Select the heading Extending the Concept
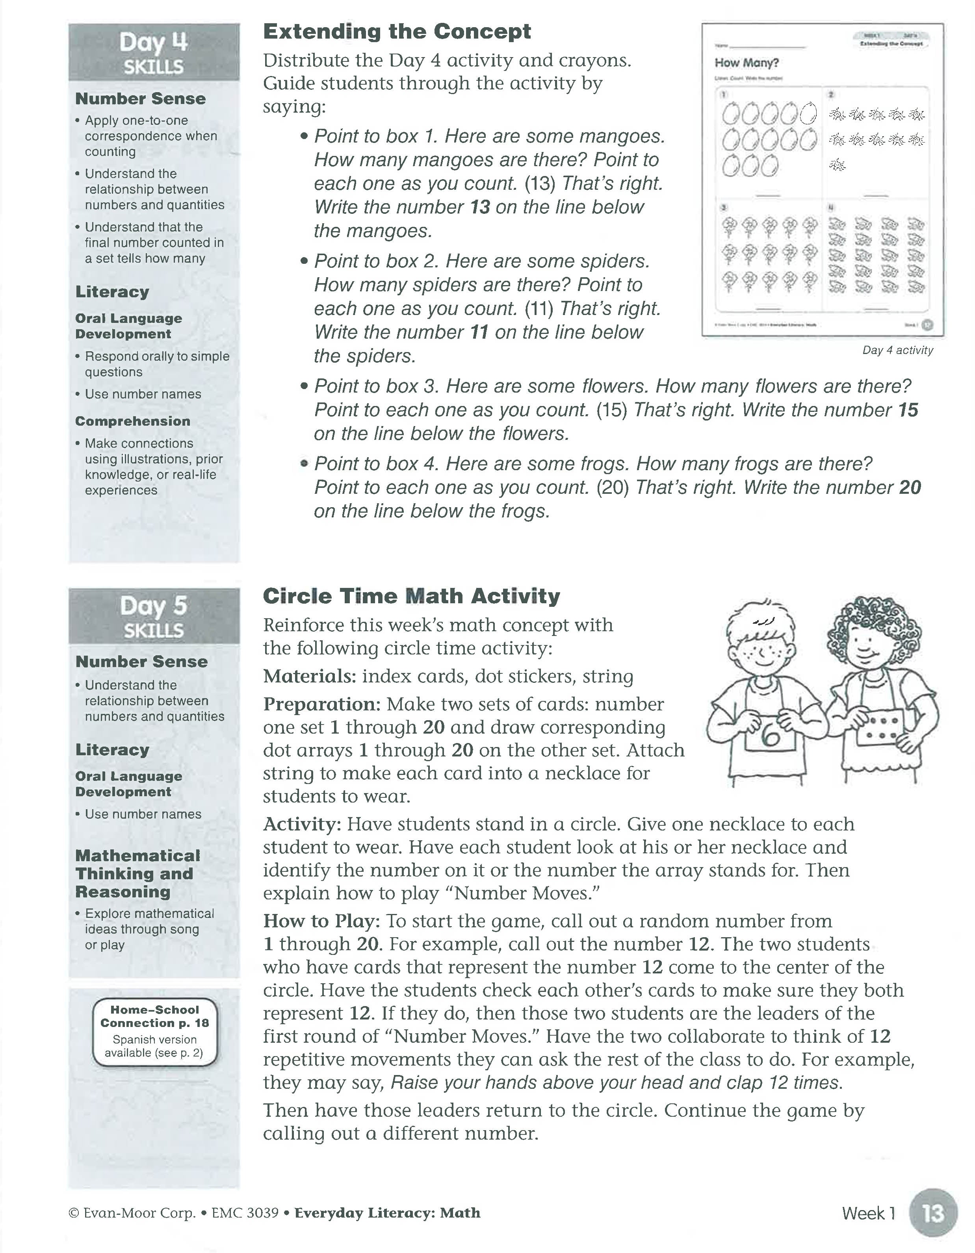click(x=397, y=32)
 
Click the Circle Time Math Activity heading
click(x=411, y=596)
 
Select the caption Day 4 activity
click(x=897, y=350)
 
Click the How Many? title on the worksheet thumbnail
click(x=746, y=63)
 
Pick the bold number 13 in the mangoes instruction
click(x=480, y=207)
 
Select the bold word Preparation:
click(x=321, y=704)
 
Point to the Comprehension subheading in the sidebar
click(x=133, y=421)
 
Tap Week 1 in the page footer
click(x=868, y=1213)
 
